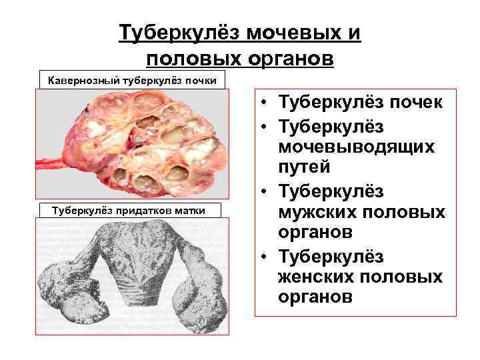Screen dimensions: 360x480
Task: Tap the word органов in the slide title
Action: point(285,59)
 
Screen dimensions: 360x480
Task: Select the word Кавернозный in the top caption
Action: point(81,81)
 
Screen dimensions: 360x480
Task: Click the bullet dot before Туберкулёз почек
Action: point(265,104)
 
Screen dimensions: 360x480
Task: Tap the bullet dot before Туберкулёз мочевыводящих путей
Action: point(265,126)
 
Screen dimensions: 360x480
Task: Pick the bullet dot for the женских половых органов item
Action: point(265,257)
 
